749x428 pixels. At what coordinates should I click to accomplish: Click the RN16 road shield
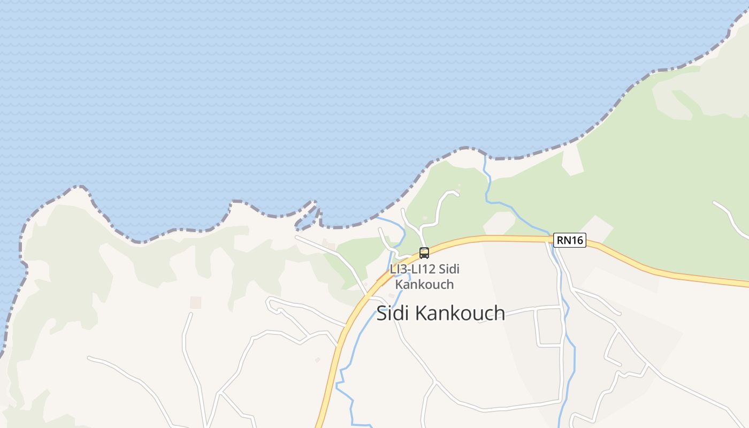[x=570, y=241]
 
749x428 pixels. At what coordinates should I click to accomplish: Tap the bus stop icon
[x=424, y=253]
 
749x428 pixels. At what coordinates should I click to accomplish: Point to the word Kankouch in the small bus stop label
[x=424, y=285]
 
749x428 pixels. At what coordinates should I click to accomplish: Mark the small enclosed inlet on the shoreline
[x=307, y=217]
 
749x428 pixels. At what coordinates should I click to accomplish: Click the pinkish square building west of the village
[x=196, y=303]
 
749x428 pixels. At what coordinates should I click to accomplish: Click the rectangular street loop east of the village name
[x=549, y=327]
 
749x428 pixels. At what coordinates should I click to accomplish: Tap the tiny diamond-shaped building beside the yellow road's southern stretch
[x=317, y=360]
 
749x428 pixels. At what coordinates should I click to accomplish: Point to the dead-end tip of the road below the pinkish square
[x=190, y=315]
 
